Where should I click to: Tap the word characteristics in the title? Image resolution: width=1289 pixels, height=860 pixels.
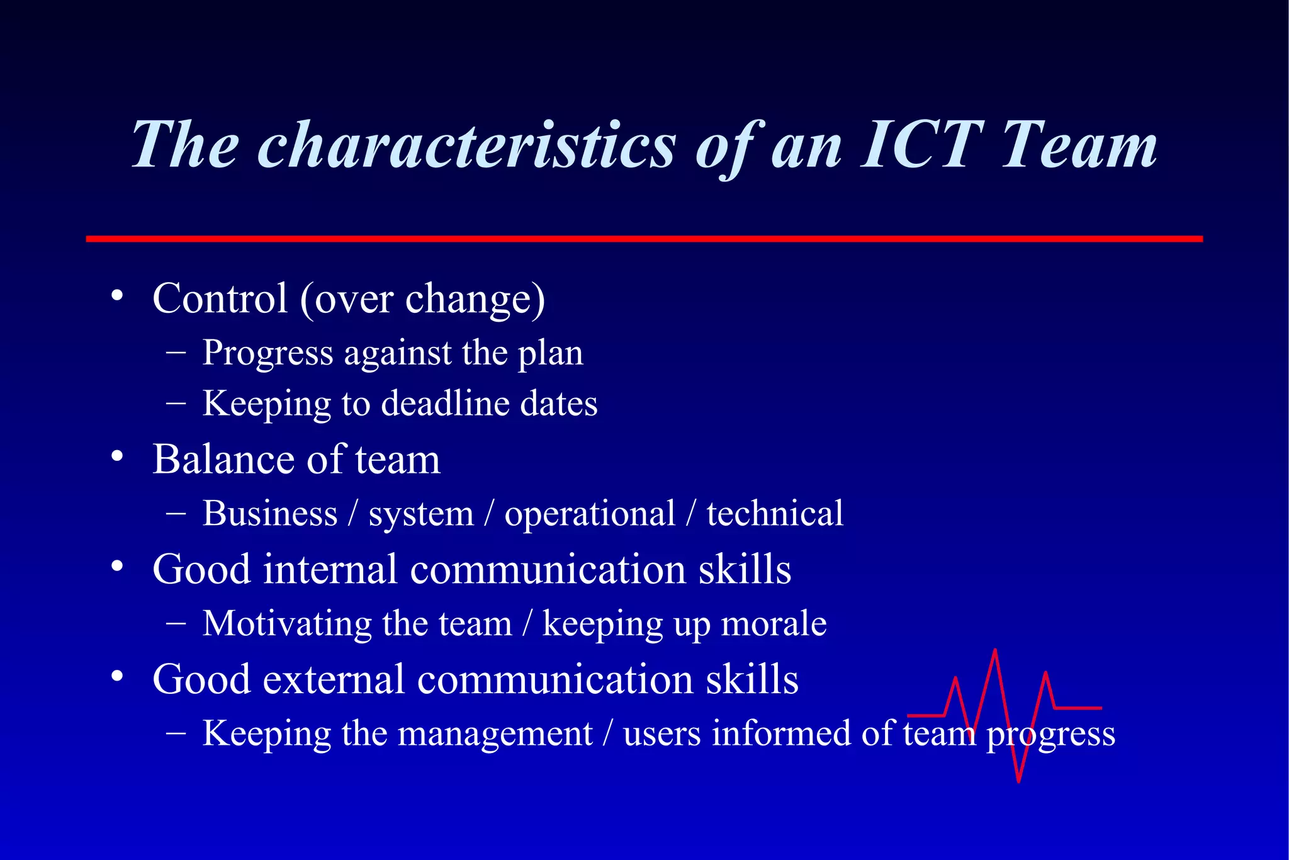[x=466, y=146]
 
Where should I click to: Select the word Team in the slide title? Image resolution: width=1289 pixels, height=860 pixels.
[x=1078, y=146]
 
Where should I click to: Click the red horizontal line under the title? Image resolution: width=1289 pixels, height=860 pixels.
[x=644, y=239]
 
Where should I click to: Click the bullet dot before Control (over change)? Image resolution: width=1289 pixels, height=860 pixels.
[x=117, y=296]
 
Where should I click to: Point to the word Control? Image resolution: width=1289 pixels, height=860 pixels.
[x=220, y=298]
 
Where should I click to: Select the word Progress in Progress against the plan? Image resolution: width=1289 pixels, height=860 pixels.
[x=267, y=354]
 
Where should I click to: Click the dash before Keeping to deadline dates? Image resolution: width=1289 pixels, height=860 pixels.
[x=176, y=403]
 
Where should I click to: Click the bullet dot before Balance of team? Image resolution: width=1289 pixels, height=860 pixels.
[x=117, y=456]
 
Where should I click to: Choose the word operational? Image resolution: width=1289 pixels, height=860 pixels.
[x=590, y=514]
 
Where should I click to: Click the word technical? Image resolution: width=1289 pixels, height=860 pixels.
[x=774, y=514]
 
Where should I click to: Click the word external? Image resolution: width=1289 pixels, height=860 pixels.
[x=334, y=680]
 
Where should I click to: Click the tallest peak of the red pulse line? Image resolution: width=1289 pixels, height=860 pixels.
[x=995, y=651]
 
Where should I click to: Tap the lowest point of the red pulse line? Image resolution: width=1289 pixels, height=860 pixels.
[x=1018, y=781]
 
